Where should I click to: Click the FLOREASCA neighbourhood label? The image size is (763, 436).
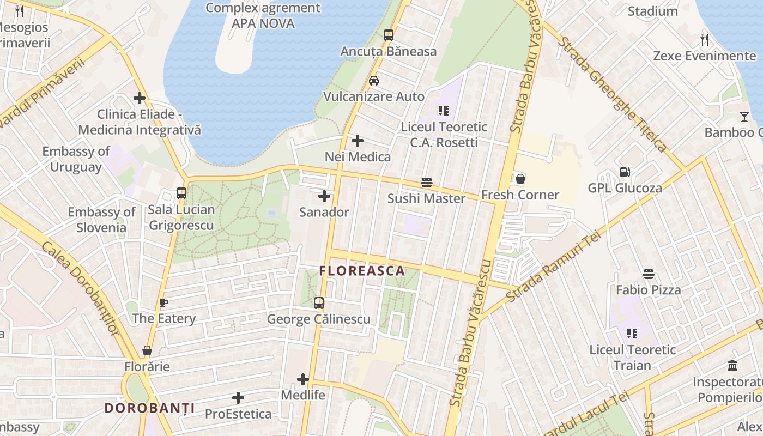point(362,271)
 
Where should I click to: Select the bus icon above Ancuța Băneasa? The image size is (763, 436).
point(388,35)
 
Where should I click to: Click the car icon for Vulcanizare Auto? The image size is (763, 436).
point(374,81)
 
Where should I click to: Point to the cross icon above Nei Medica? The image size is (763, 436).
point(358,141)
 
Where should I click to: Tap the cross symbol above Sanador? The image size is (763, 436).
point(324,196)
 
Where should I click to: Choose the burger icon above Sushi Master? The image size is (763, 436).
point(426,182)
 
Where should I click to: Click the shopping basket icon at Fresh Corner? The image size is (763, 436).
point(520,179)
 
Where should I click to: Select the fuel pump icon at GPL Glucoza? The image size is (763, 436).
point(625,172)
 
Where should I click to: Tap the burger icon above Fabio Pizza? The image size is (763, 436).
point(648,274)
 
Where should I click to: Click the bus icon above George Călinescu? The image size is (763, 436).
point(319,303)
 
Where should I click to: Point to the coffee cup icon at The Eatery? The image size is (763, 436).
point(163,302)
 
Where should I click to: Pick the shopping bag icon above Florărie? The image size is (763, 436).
point(147,350)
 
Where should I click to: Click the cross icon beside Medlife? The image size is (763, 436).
point(303,379)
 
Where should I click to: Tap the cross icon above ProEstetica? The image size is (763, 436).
point(238,398)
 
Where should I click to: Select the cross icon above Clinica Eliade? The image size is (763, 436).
point(140,98)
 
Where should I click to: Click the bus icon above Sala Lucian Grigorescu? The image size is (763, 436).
point(181,193)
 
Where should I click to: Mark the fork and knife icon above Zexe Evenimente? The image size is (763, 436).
point(704,39)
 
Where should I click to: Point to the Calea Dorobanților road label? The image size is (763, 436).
point(80,289)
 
